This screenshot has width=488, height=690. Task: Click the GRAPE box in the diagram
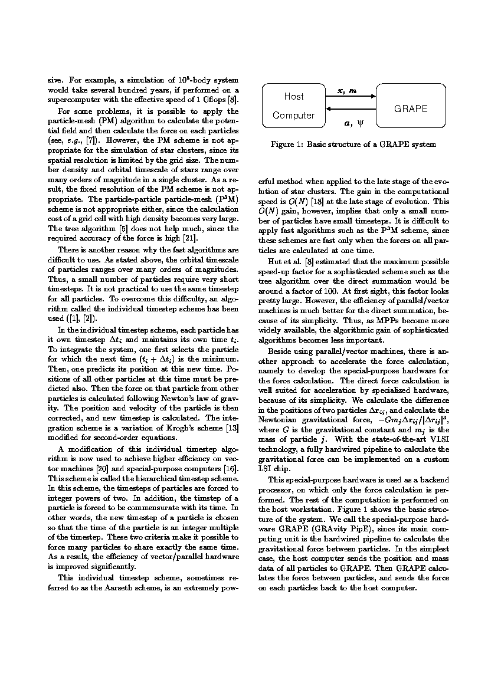click(x=411, y=109)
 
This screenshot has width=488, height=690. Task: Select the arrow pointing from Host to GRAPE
click(x=351, y=96)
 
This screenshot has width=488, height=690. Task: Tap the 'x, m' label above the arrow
click(x=346, y=90)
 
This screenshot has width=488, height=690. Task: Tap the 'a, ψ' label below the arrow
click(x=352, y=124)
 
